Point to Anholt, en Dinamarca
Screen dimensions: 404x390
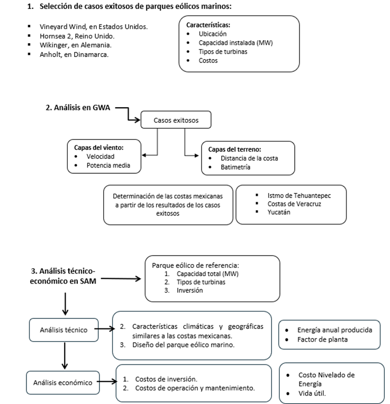click(74, 55)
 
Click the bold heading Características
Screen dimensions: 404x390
click(208, 24)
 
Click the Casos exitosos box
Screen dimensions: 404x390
click(176, 120)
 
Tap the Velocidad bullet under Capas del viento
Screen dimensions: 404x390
click(100, 156)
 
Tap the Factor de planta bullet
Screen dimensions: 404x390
click(322, 339)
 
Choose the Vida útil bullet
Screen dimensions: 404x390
click(311, 393)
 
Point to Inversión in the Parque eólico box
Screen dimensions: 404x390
click(190, 290)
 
